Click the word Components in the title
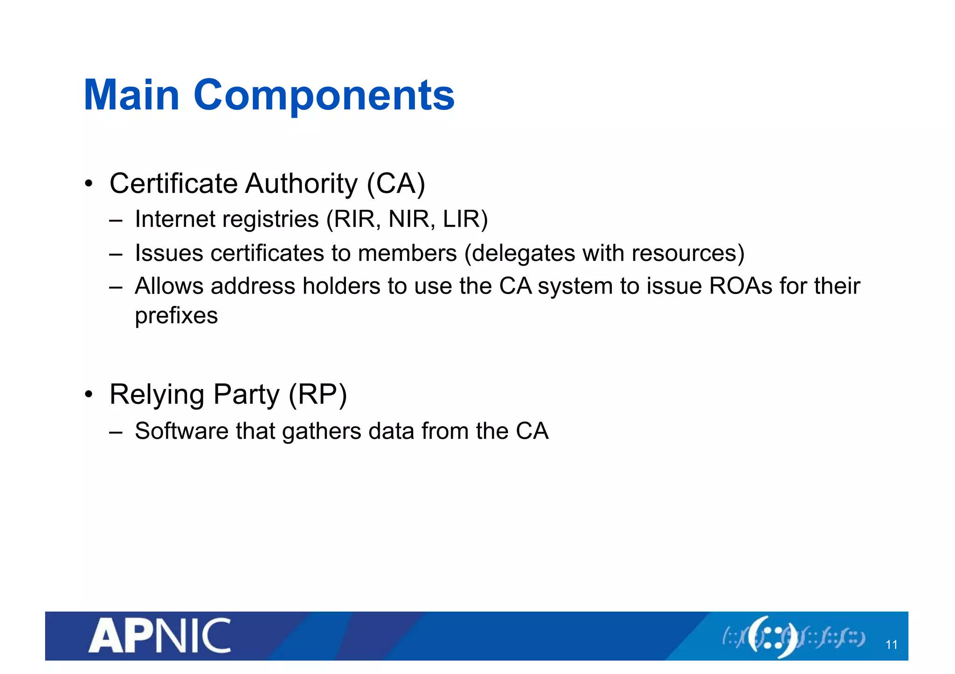point(324,96)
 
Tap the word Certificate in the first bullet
point(173,184)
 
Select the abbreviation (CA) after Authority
point(396,184)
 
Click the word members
point(407,253)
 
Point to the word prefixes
point(176,316)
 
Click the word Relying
point(157,395)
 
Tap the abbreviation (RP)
point(318,395)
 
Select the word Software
point(181,431)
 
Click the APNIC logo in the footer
point(159,635)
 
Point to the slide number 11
point(891,645)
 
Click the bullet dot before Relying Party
point(89,395)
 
